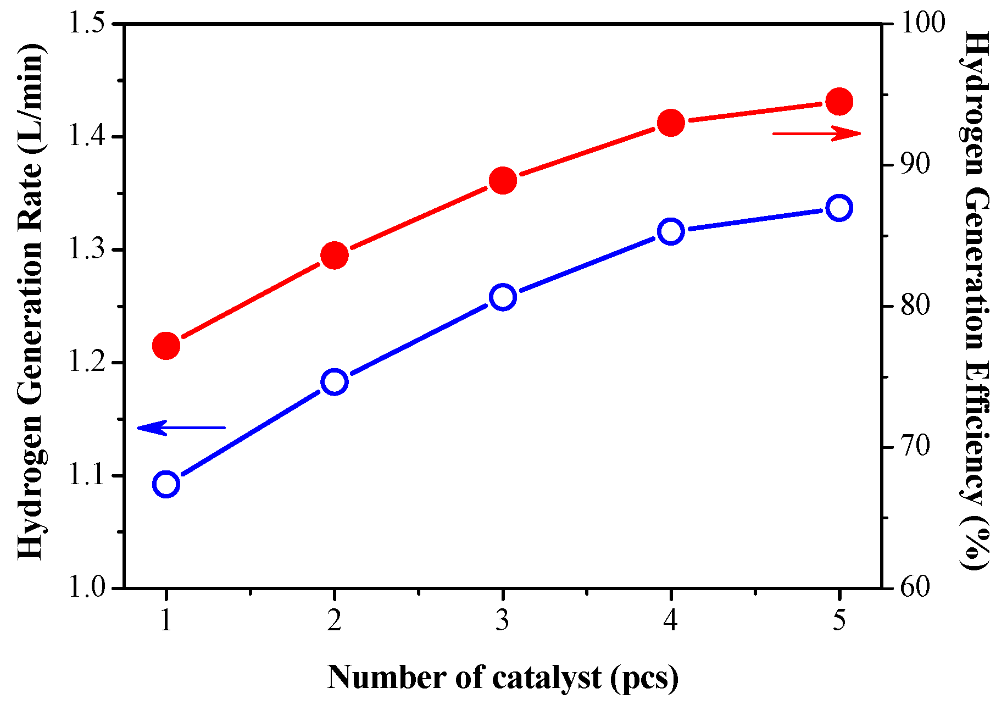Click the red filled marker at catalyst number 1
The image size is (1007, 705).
pyautogui.click(x=166, y=346)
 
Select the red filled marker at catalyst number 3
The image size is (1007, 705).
pyautogui.click(x=503, y=181)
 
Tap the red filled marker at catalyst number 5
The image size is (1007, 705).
pyautogui.click(x=839, y=102)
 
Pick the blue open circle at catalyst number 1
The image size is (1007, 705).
pyautogui.click(x=166, y=484)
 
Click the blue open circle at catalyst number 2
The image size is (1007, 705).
pyautogui.click(x=334, y=382)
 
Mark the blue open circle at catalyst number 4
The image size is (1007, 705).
pyautogui.click(x=671, y=231)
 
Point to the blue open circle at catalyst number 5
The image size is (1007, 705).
pyautogui.click(x=839, y=208)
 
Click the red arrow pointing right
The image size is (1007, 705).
pyautogui.click(x=816, y=134)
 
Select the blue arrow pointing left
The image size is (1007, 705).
pyautogui.click(x=181, y=427)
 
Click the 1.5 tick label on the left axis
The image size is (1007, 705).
pyautogui.click(x=85, y=24)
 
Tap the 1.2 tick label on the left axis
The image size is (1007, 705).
pyautogui.click(x=85, y=363)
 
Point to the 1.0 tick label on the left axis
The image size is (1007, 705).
pyautogui.click(x=85, y=588)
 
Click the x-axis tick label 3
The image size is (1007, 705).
pyautogui.click(x=502, y=621)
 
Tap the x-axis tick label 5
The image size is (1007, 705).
pyautogui.click(x=839, y=621)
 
